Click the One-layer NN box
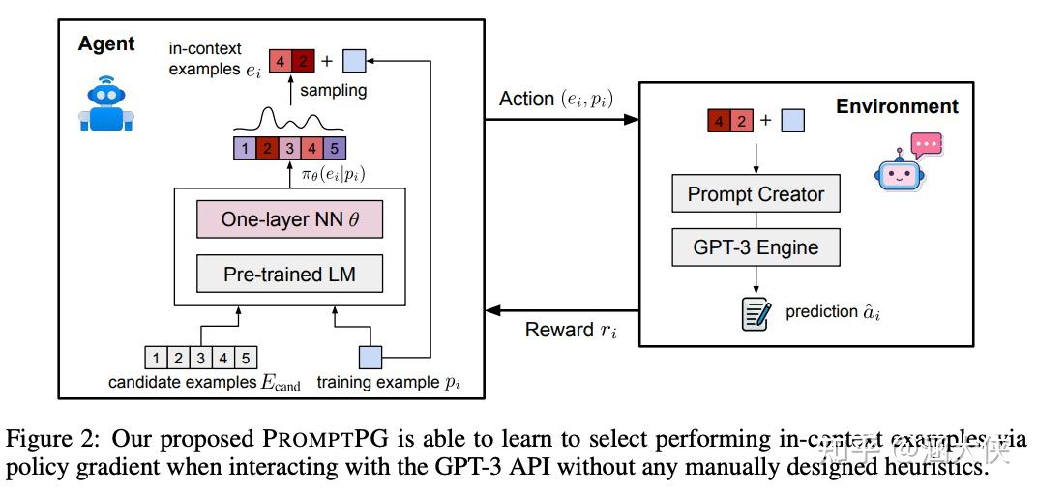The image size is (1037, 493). click(288, 219)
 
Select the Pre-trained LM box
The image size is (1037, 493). click(288, 274)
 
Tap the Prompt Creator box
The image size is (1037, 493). click(756, 194)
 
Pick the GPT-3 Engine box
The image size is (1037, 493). click(756, 247)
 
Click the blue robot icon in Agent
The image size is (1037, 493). click(105, 104)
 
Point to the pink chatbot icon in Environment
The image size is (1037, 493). click(906, 163)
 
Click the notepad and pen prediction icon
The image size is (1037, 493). click(756, 313)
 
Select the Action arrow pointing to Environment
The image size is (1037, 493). click(562, 120)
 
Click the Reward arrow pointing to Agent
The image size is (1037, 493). click(562, 311)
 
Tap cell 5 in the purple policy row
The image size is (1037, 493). click(332, 149)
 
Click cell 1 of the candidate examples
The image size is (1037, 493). click(156, 359)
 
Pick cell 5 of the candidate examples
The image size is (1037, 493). click(246, 359)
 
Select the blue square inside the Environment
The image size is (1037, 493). click(792, 122)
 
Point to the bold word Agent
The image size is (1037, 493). click(106, 44)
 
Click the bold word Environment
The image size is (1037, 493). click(897, 106)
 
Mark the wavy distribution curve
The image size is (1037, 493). click(290, 123)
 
